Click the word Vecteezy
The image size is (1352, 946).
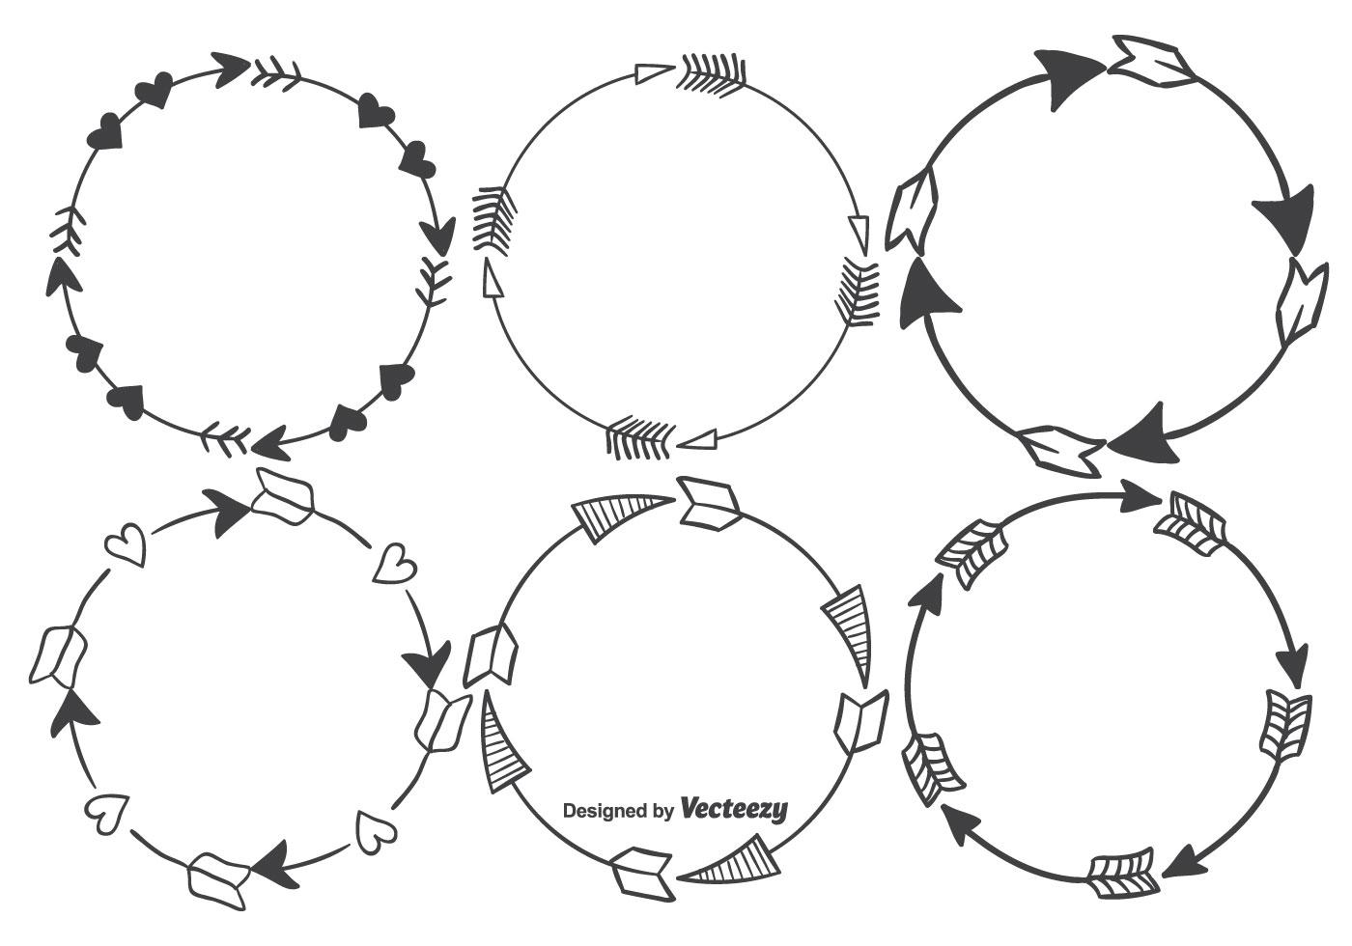(734, 808)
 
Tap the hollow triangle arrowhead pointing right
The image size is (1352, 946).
(654, 71)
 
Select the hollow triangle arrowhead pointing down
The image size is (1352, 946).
(859, 231)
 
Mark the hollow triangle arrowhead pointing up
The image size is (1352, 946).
(492, 280)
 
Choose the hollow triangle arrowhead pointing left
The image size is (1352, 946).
(698, 440)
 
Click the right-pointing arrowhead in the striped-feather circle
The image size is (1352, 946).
(1139, 499)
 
